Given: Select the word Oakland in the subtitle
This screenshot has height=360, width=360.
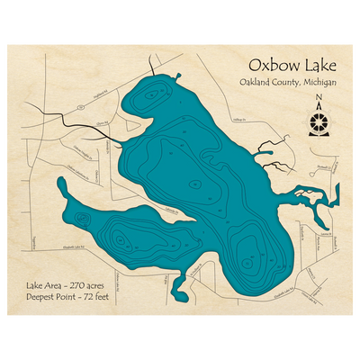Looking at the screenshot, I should click(256, 85).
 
